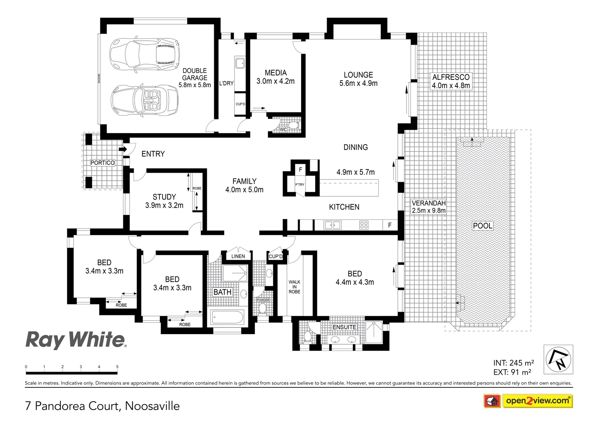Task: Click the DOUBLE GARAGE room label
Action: (195, 78)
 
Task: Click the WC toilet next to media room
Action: (293, 125)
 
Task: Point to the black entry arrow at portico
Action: (122, 149)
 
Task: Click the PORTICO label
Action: (103, 163)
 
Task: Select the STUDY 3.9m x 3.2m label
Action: (164, 201)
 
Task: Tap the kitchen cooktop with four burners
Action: (364, 225)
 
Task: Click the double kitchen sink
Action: (332, 225)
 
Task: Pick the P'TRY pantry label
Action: (300, 184)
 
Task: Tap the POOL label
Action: (482, 226)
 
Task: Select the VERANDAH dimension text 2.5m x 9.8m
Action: (428, 210)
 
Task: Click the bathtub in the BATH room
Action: (227, 317)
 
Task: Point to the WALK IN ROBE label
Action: (294, 287)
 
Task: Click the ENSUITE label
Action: (344, 327)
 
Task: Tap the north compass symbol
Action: (558, 359)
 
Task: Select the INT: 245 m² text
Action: (513, 363)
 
